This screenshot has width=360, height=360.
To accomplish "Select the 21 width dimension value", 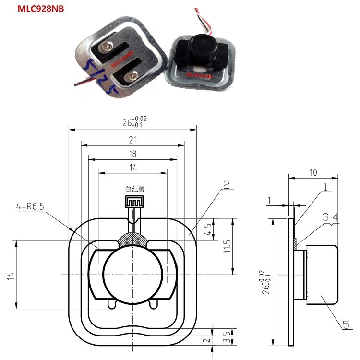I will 133,140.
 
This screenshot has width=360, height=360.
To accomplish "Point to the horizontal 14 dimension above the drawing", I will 133,168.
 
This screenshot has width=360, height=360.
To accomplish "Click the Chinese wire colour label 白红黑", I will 134,190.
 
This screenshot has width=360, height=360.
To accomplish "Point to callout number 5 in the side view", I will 346,325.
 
